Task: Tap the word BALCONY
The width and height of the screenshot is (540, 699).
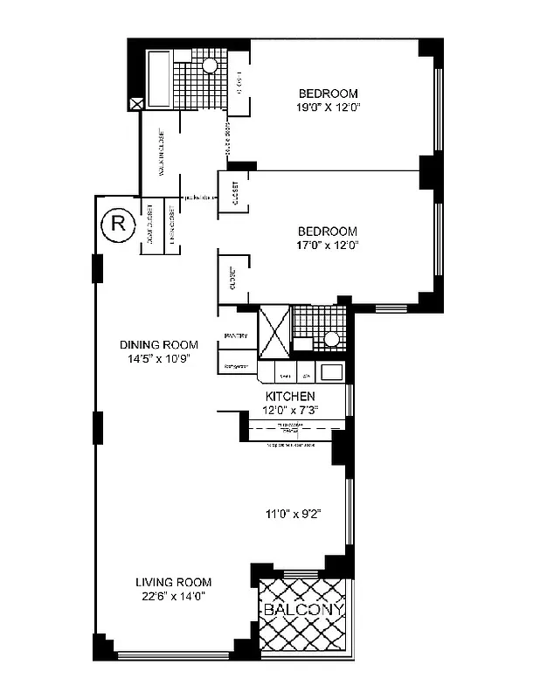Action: point(304,609)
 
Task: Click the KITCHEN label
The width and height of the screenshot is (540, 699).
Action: point(291,396)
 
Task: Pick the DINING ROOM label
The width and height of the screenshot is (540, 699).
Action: point(158,344)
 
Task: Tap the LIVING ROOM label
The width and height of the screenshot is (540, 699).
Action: point(173,582)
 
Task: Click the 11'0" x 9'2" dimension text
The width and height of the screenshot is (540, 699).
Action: point(293,514)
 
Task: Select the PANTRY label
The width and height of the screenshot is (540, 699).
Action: point(236,336)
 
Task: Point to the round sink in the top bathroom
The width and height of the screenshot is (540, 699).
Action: point(210,66)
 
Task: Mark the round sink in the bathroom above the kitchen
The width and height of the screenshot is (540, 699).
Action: point(331,340)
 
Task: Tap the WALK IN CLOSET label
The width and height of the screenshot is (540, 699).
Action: point(163,157)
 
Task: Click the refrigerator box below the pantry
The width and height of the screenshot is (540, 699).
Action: point(237,367)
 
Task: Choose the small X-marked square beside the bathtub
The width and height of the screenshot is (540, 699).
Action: point(135,103)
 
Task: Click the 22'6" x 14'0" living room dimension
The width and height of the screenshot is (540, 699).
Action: point(173,596)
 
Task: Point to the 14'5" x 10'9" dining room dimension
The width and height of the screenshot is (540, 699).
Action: point(158,358)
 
